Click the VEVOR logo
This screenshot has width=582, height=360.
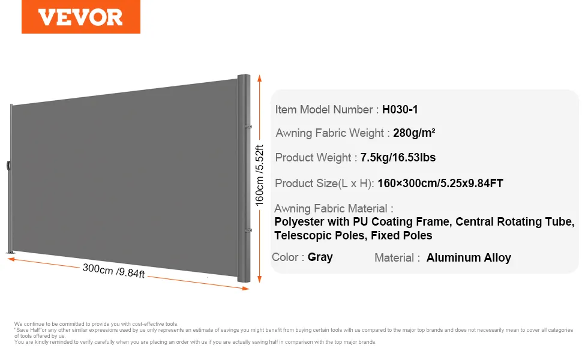[x=80, y=17]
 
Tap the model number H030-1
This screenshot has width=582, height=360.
[x=400, y=109]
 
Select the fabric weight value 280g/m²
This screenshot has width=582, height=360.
[x=414, y=133]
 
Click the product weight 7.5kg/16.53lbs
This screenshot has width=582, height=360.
[x=398, y=157]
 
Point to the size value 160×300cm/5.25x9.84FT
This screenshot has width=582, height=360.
[x=440, y=183]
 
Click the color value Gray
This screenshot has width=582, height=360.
[x=320, y=257]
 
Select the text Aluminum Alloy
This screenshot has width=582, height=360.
[x=469, y=257]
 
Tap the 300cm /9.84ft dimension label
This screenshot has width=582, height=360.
[x=113, y=271]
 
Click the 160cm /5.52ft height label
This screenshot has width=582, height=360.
[x=259, y=175]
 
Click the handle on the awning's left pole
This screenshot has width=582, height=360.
[x=8, y=165]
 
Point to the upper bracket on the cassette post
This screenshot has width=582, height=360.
[x=248, y=127]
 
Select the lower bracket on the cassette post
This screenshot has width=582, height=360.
[x=248, y=230]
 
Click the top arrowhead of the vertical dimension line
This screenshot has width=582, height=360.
[x=259, y=78]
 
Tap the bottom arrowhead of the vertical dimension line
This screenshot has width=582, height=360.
[x=259, y=280]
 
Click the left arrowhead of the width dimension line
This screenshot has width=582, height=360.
[x=11, y=259]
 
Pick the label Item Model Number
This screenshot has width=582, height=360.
[x=323, y=109]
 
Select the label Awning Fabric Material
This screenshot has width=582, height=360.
[x=331, y=209]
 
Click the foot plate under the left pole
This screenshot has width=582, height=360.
[x=11, y=253]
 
